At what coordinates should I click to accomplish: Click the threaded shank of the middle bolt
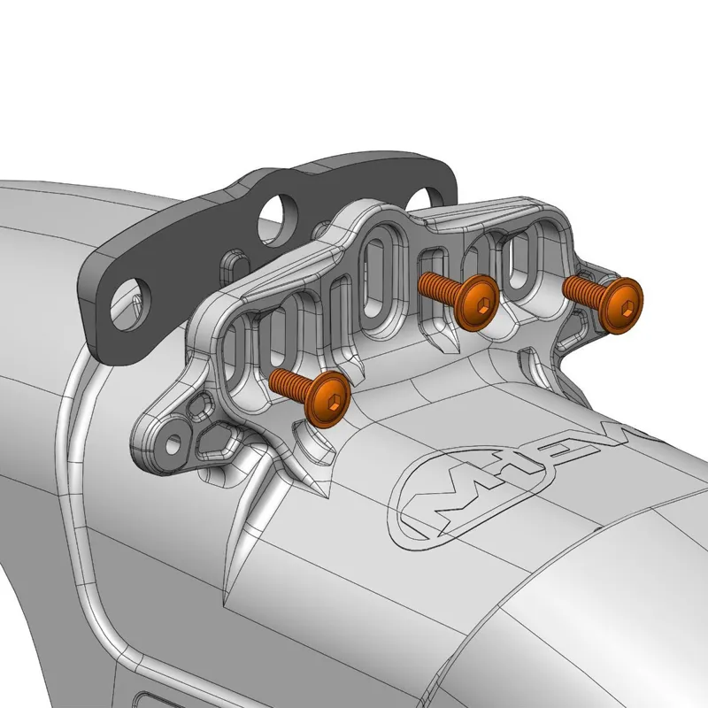[440, 287]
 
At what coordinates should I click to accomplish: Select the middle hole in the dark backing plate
[277, 214]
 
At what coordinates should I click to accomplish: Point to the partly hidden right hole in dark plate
[432, 192]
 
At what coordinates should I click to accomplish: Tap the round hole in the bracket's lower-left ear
[175, 440]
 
